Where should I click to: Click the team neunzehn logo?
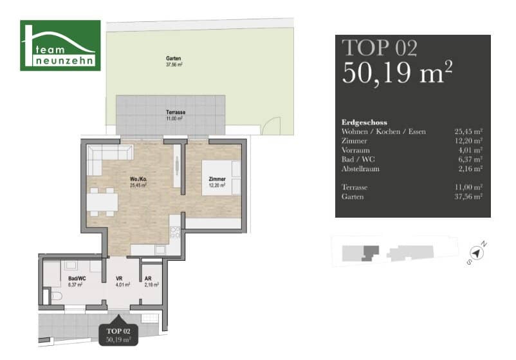(60, 46)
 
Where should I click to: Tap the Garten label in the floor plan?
(174, 59)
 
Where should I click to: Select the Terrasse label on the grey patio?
(176, 112)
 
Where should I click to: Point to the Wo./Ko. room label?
(138, 179)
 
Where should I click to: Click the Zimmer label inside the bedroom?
(217, 179)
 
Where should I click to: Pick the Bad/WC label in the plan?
(77, 279)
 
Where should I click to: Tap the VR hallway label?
(119, 279)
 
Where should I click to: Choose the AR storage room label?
(148, 279)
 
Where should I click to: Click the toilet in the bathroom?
(56, 296)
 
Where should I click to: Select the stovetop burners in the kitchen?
(175, 232)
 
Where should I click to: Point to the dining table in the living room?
(102, 202)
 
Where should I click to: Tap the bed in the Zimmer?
(221, 178)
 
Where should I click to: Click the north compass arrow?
(476, 253)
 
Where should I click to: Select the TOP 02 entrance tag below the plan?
(118, 335)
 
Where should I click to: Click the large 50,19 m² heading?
(397, 73)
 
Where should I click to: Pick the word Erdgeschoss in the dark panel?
(364, 122)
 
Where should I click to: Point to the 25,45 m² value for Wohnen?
(468, 132)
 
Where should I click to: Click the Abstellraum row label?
(361, 169)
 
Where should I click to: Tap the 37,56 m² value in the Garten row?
(468, 197)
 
